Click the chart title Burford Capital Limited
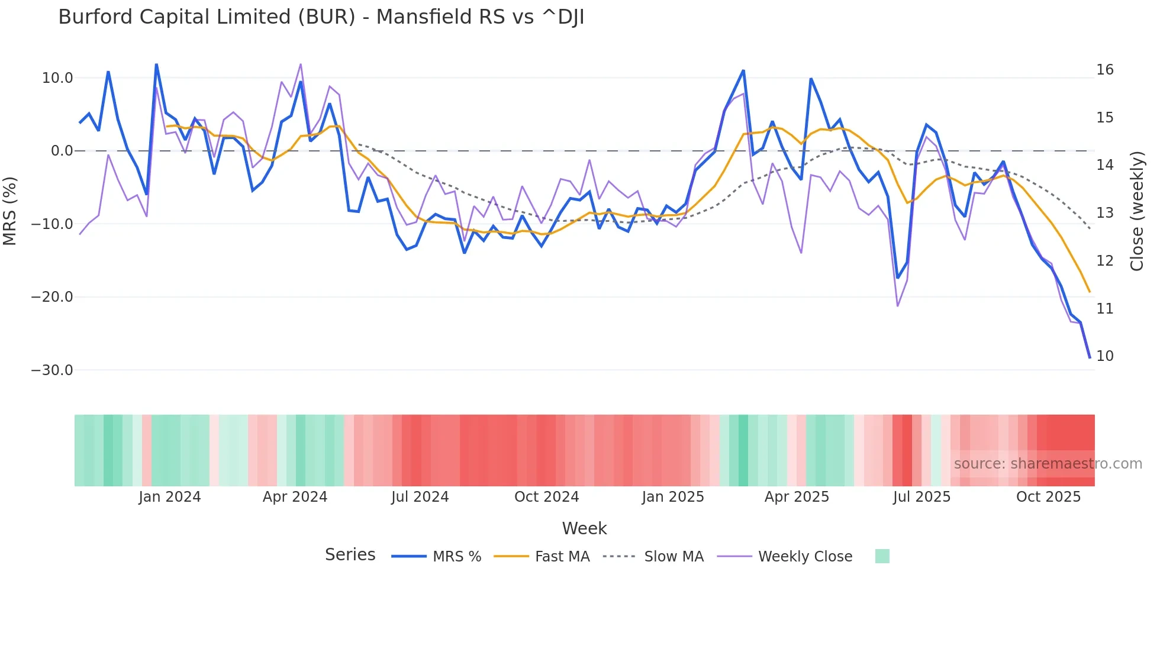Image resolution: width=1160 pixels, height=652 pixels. click(321, 17)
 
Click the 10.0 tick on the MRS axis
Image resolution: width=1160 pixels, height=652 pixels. click(57, 78)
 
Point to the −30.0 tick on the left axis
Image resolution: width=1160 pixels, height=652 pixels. click(52, 370)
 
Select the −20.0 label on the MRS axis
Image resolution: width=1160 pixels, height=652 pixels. click(52, 297)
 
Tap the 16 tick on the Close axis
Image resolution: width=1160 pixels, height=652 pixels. click(1104, 70)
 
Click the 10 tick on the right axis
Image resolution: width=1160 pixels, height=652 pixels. click(1104, 356)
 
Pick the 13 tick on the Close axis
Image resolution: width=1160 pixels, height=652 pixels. click(1104, 213)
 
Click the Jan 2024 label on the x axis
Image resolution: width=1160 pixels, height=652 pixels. click(170, 497)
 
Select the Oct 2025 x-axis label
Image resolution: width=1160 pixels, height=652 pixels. click(1048, 497)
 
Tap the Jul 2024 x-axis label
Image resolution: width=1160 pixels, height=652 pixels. click(420, 497)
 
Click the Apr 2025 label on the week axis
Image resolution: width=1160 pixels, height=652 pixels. click(797, 497)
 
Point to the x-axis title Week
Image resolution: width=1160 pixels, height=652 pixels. click(584, 528)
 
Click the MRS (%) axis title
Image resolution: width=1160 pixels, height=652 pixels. click(10, 211)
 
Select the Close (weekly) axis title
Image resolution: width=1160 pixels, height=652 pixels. click(1137, 211)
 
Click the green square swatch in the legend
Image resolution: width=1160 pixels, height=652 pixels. click(882, 556)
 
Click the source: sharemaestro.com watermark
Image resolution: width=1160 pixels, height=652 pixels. click(1048, 464)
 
